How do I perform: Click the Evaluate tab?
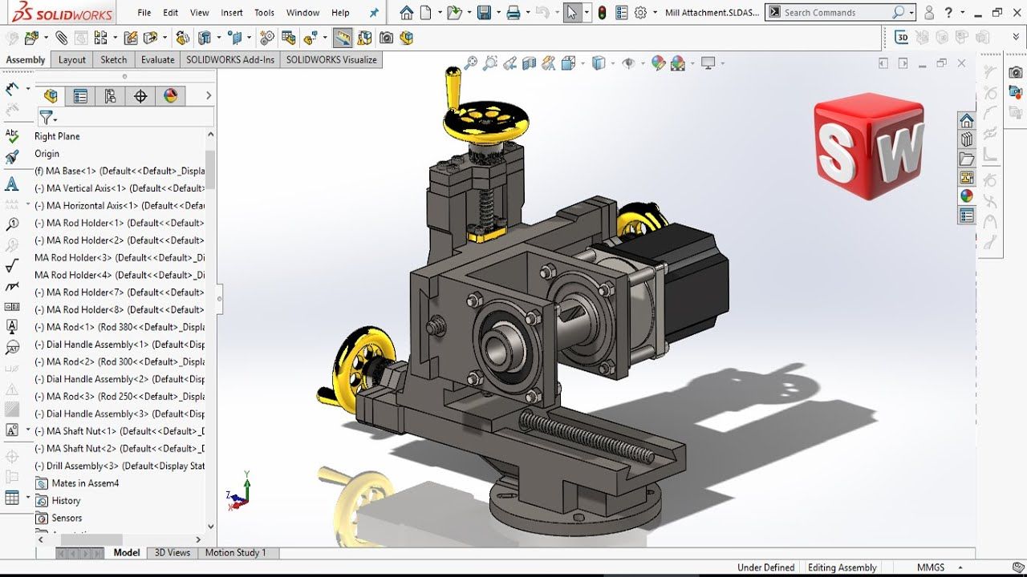pos(157,59)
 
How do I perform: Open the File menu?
pos(144,13)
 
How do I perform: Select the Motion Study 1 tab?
pos(235,552)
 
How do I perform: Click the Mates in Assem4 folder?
pos(84,483)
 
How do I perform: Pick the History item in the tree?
pos(66,501)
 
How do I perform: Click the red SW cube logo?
pos(868,146)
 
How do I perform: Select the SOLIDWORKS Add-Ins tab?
pos(230,59)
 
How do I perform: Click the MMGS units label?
pos(931,567)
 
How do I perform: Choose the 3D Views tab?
pos(173,552)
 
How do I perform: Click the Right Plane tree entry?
pos(57,136)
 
